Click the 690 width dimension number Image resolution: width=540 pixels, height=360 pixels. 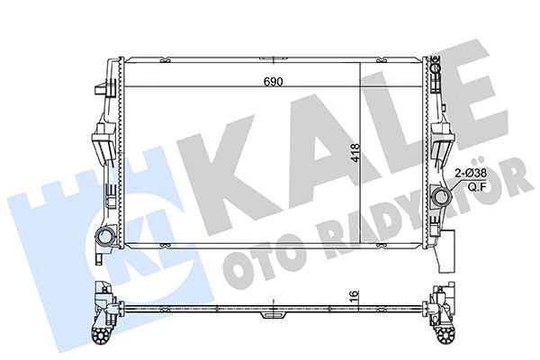coord(273,82)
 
